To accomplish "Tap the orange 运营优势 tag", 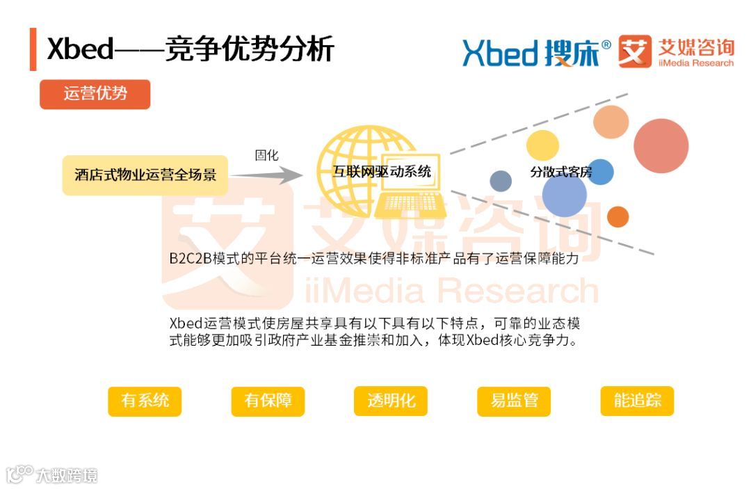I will click(x=95, y=94).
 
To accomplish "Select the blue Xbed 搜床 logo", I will click(x=536, y=53).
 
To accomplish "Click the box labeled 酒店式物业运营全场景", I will click(x=145, y=175).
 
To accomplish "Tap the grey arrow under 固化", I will click(x=268, y=175).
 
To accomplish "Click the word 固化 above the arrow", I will click(x=266, y=155).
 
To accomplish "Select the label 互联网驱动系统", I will click(x=381, y=172).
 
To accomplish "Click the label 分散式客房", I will click(x=560, y=172).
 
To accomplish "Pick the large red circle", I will click(x=661, y=146).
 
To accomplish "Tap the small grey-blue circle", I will click(x=501, y=182).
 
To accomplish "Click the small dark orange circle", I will click(x=617, y=217).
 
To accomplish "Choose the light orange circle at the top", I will click(x=611, y=121).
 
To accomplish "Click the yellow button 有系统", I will click(x=145, y=401).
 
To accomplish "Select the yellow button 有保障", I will click(x=268, y=401).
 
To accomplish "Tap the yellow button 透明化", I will click(x=391, y=401).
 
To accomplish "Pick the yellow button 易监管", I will click(x=514, y=401).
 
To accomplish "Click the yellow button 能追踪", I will click(x=637, y=401).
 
